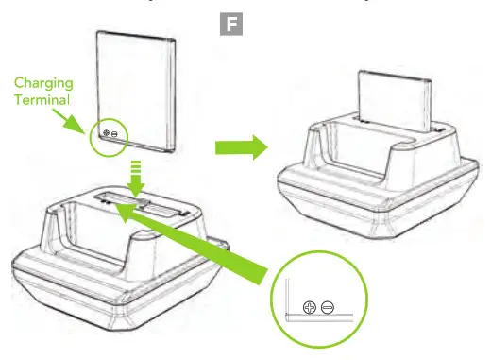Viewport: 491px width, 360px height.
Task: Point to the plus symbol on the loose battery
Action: click(x=106, y=135)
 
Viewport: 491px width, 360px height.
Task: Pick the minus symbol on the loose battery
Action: click(x=115, y=135)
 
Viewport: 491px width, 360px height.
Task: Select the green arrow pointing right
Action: click(x=237, y=146)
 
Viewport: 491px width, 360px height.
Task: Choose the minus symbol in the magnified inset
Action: click(x=327, y=307)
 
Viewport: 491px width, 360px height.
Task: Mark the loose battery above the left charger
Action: click(x=137, y=90)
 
